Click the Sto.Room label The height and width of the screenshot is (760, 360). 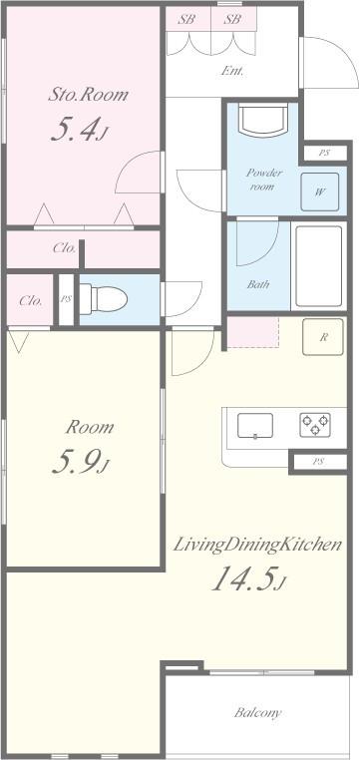(x=90, y=95)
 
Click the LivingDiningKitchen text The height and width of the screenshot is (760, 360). (x=258, y=545)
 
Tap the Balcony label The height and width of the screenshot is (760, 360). (x=258, y=712)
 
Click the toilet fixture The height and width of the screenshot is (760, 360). (x=102, y=297)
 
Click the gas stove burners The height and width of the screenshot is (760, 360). (x=314, y=424)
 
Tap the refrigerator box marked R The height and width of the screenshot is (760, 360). (x=324, y=337)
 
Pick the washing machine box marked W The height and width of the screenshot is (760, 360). (x=320, y=192)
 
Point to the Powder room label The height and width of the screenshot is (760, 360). (x=264, y=180)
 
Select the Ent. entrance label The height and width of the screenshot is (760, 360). (x=232, y=71)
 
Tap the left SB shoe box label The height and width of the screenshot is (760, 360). (x=186, y=19)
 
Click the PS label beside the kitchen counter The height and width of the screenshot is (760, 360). (x=318, y=462)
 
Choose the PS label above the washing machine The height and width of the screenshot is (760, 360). (x=323, y=153)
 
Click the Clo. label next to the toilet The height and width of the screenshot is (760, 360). (x=30, y=300)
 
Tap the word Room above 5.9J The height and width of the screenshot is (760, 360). (x=90, y=427)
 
